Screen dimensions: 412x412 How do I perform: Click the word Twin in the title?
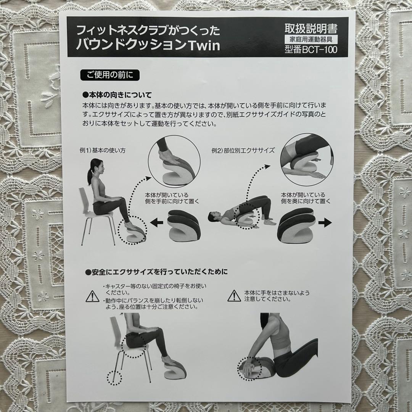click(204, 45)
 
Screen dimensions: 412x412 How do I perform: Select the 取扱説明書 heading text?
click(311, 28)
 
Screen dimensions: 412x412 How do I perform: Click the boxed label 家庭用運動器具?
click(311, 39)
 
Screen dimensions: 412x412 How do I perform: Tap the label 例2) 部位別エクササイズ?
click(243, 150)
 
